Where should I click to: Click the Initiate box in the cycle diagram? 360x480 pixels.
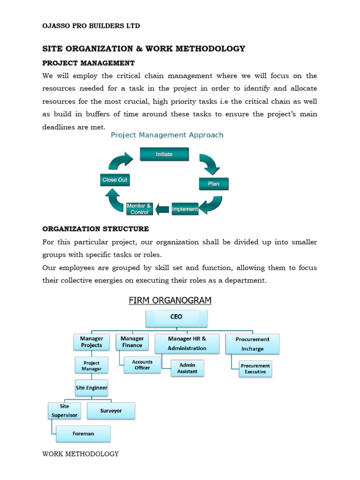pyautogui.click(x=164, y=154)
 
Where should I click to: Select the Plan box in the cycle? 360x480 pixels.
pyautogui.click(x=214, y=184)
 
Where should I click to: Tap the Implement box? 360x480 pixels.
pyautogui.click(x=185, y=209)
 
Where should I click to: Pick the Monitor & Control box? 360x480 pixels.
pyautogui.click(x=139, y=209)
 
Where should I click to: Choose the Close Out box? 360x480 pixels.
pyautogui.click(x=115, y=180)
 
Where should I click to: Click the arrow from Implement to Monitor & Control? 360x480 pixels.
pyautogui.click(x=163, y=209)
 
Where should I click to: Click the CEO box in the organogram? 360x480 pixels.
pyautogui.click(x=176, y=317)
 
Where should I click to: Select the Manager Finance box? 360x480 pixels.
pyautogui.click(x=132, y=342)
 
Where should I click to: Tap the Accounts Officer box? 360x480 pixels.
pyautogui.click(x=142, y=365)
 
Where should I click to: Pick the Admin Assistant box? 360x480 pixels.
pyautogui.click(x=187, y=368)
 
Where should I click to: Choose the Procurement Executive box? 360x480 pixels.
pyautogui.click(x=255, y=368)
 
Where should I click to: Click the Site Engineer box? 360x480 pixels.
pyautogui.click(x=91, y=388)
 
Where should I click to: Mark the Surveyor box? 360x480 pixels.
pyautogui.click(x=111, y=411)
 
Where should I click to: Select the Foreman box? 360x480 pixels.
pyautogui.click(x=83, y=434)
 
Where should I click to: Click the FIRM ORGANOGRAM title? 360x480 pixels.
pyautogui.click(x=170, y=300)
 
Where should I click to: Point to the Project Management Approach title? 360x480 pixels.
pyautogui.click(x=167, y=135)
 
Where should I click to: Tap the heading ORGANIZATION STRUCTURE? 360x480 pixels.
pyautogui.click(x=96, y=229)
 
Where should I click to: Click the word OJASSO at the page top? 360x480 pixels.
pyautogui.click(x=58, y=26)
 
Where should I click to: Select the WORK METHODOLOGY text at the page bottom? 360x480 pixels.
pyautogui.click(x=81, y=454)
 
